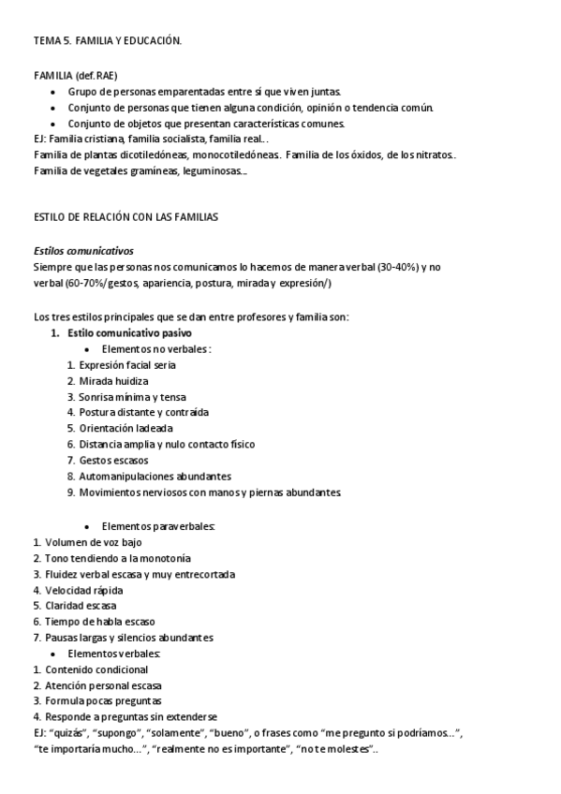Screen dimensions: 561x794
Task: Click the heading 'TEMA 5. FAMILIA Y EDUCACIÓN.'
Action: point(108,41)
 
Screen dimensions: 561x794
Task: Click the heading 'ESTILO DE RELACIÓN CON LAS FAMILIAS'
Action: point(125,217)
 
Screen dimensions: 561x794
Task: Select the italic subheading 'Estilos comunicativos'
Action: point(82,251)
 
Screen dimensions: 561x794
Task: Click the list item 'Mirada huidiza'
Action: point(113,381)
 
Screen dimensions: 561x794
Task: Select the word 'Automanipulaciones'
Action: point(126,476)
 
